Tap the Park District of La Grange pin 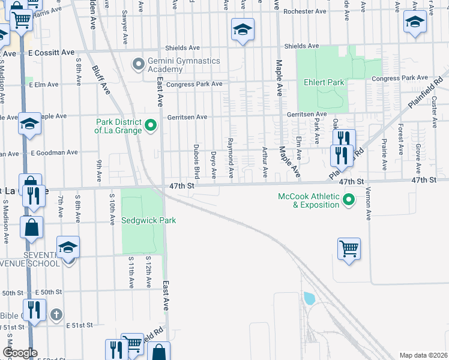click(x=151, y=126)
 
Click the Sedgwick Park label click(x=149, y=220)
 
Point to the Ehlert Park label click(x=324, y=82)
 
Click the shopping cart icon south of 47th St click(x=349, y=247)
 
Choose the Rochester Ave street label click(x=304, y=11)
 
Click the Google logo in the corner click(x=20, y=353)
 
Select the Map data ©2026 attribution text click(x=423, y=355)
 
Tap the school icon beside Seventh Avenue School click(x=68, y=247)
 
